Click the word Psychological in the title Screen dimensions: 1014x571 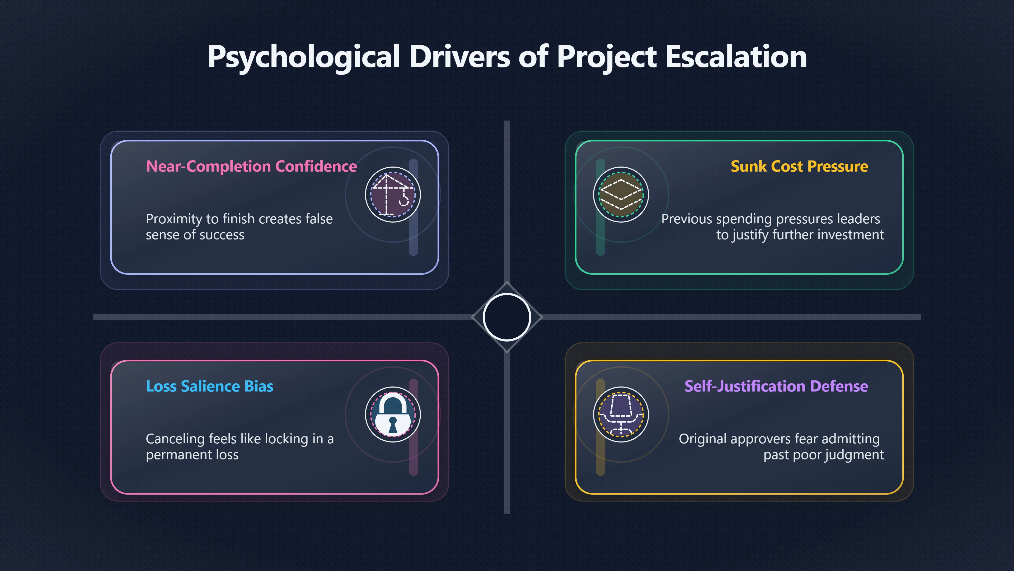click(x=304, y=57)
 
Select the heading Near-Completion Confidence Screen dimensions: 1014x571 click(x=251, y=166)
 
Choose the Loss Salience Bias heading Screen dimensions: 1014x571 click(x=209, y=386)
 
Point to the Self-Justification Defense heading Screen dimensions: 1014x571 click(x=776, y=386)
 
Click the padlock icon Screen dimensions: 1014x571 click(x=393, y=415)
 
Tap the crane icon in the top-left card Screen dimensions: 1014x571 click(x=393, y=195)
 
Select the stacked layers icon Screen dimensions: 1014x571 click(x=621, y=195)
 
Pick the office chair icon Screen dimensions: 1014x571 click(x=621, y=415)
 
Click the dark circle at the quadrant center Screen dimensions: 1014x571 click(x=507, y=317)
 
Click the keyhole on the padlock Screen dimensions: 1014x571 click(x=393, y=424)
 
